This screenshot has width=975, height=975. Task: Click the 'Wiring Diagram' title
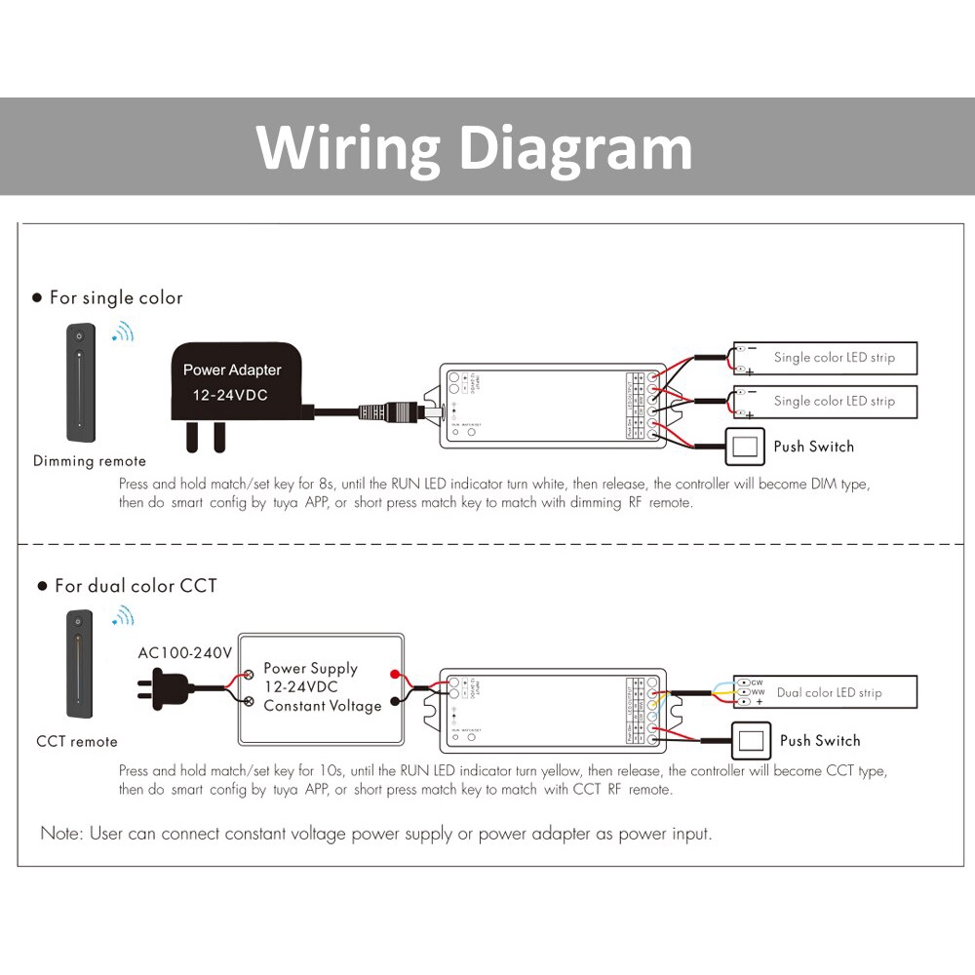click(x=474, y=147)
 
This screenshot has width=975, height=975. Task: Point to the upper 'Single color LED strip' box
click(x=826, y=358)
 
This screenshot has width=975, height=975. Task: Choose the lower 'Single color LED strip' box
click(x=826, y=401)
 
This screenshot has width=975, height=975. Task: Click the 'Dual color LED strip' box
click(x=826, y=692)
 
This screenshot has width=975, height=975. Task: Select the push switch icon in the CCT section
click(x=751, y=741)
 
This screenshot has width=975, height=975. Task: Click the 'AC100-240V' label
click(x=184, y=651)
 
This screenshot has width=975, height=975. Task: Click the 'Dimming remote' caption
click(x=89, y=461)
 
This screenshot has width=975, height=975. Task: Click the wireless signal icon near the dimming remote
click(x=123, y=332)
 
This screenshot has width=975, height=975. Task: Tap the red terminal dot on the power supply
click(x=394, y=675)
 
